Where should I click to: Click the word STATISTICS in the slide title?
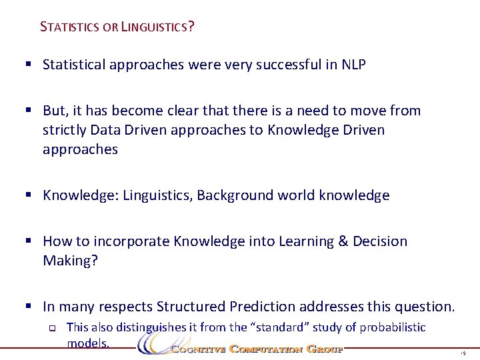(x=70, y=27)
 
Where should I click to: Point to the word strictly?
(x=65, y=129)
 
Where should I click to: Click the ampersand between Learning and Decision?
(x=343, y=241)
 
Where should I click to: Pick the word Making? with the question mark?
(x=70, y=261)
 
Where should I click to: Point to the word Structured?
(x=192, y=307)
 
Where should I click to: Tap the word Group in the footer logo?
(x=325, y=349)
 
